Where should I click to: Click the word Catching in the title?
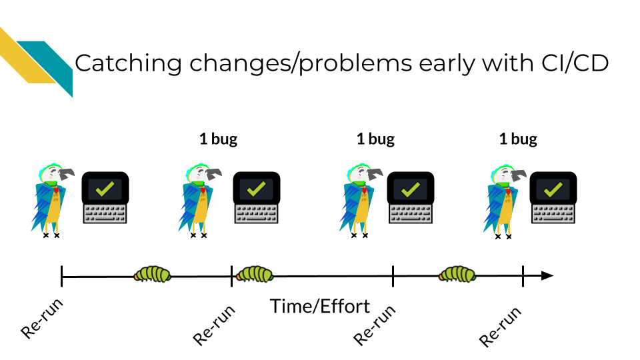pyautogui.click(x=128, y=64)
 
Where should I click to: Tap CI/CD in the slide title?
pyautogui.click(x=575, y=63)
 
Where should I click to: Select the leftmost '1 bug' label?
pyautogui.click(x=219, y=139)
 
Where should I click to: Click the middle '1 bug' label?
pyautogui.click(x=375, y=139)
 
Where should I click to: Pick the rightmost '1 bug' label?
pyautogui.click(x=518, y=139)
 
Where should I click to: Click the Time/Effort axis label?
pyautogui.click(x=320, y=306)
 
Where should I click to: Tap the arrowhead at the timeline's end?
pyautogui.click(x=547, y=276)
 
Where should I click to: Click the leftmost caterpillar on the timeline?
pyautogui.click(x=152, y=274)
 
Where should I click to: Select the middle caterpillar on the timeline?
pyautogui.click(x=255, y=274)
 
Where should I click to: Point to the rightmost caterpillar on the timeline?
pyautogui.click(x=457, y=274)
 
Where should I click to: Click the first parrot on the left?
pyautogui.click(x=51, y=201)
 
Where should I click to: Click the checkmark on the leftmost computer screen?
pyautogui.click(x=105, y=189)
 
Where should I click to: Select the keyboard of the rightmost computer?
pyautogui.click(x=553, y=214)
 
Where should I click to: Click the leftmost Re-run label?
pyautogui.click(x=41, y=319)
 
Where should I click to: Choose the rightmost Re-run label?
pyautogui.click(x=500, y=327)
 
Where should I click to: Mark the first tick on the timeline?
pyautogui.click(x=61, y=276)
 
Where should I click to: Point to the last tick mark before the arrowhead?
pyautogui.click(x=523, y=276)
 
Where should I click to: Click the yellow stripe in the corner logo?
pyautogui.click(x=25, y=57)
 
